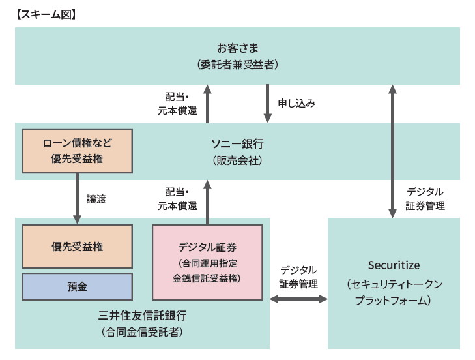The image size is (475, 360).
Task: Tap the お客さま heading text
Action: tap(237, 48)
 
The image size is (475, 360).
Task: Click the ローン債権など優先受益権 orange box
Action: tap(77, 151)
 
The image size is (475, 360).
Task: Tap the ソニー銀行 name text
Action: tap(237, 143)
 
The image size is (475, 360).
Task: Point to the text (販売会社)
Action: tap(237, 159)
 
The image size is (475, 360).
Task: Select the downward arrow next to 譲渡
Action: tap(77, 199)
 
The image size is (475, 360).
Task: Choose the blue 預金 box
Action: tap(77, 286)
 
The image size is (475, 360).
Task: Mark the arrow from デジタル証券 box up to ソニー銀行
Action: tap(207, 202)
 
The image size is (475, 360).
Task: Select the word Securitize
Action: tap(394, 265)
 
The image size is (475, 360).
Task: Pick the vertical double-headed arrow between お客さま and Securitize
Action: tap(392, 150)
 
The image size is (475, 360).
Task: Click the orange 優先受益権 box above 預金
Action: tap(77, 247)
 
